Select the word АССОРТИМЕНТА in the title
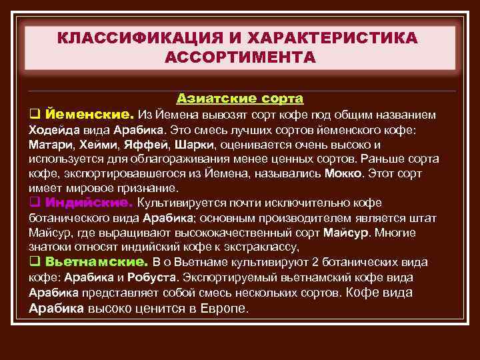pos(239,57)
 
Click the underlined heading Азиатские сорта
pos(240,99)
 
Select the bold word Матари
pos(47,145)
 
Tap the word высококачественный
pos(226,233)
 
